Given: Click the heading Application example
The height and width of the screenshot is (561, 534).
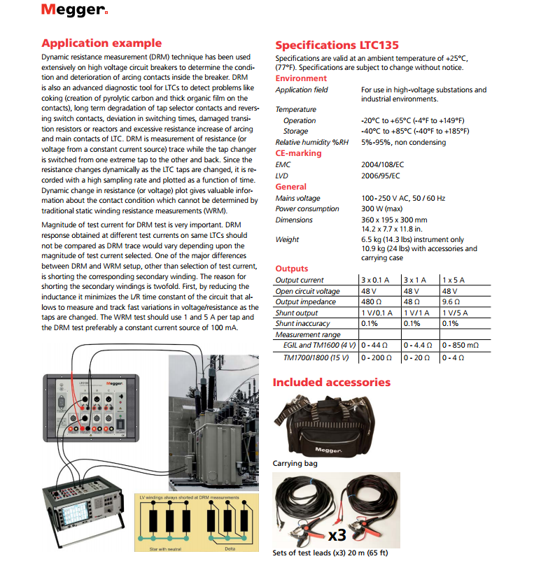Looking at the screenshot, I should point(101,43).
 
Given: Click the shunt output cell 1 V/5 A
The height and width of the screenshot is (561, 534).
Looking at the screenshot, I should point(458,313).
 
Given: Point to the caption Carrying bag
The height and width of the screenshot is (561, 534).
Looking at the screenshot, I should point(295,463).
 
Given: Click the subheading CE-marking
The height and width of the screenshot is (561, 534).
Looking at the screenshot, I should point(299,153).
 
